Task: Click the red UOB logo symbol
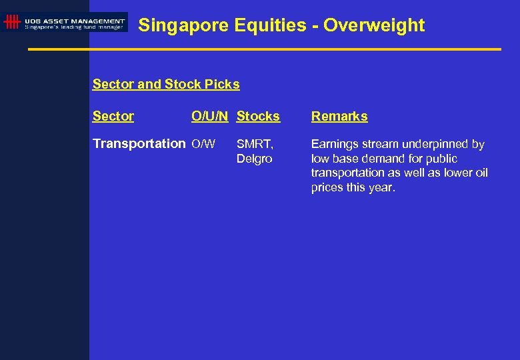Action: [11, 22]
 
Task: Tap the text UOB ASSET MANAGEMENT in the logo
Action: [75, 20]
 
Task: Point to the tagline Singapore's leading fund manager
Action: [74, 27]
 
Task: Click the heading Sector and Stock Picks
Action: [166, 84]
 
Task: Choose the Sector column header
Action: [113, 116]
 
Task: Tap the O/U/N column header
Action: [210, 116]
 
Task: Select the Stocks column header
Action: [258, 116]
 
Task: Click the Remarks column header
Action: [339, 116]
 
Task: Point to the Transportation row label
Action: [139, 143]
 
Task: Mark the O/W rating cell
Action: [203, 144]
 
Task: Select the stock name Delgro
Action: [254, 159]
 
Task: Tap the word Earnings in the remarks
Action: [335, 144]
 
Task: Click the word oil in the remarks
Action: [480, 173]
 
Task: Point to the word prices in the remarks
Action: [327, 188]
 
